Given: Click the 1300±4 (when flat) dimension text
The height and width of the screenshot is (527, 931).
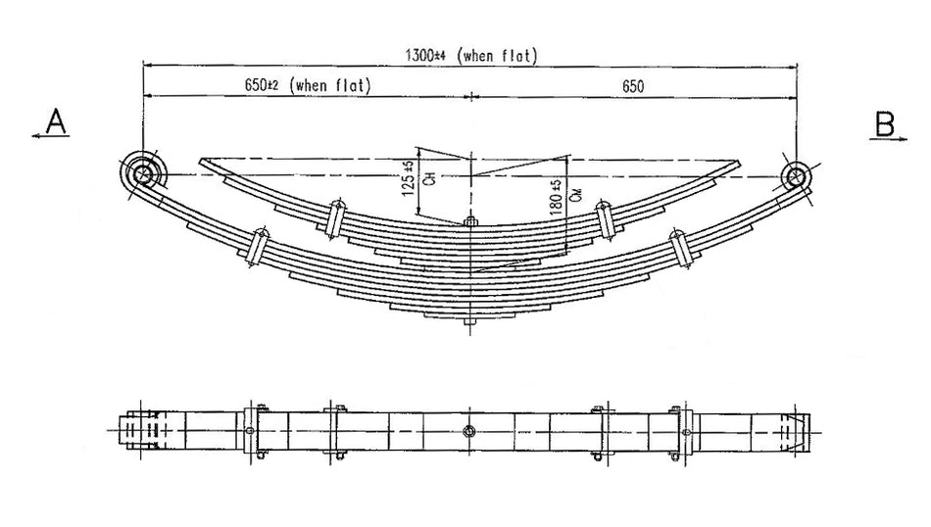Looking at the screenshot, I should [x=471, y=55].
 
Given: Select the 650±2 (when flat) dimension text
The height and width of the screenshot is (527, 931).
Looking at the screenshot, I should [x=307, y=85].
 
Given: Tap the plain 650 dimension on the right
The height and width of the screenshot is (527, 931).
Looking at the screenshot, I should [x=632, y=85].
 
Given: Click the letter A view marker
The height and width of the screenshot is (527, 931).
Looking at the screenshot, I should [x=56, y=121].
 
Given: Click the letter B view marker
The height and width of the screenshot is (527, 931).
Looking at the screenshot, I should [x=884, y=122].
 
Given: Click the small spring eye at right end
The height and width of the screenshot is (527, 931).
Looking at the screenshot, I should [x=795, y=176].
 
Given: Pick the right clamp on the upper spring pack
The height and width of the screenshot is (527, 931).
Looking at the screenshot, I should [x=604, y=218].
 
